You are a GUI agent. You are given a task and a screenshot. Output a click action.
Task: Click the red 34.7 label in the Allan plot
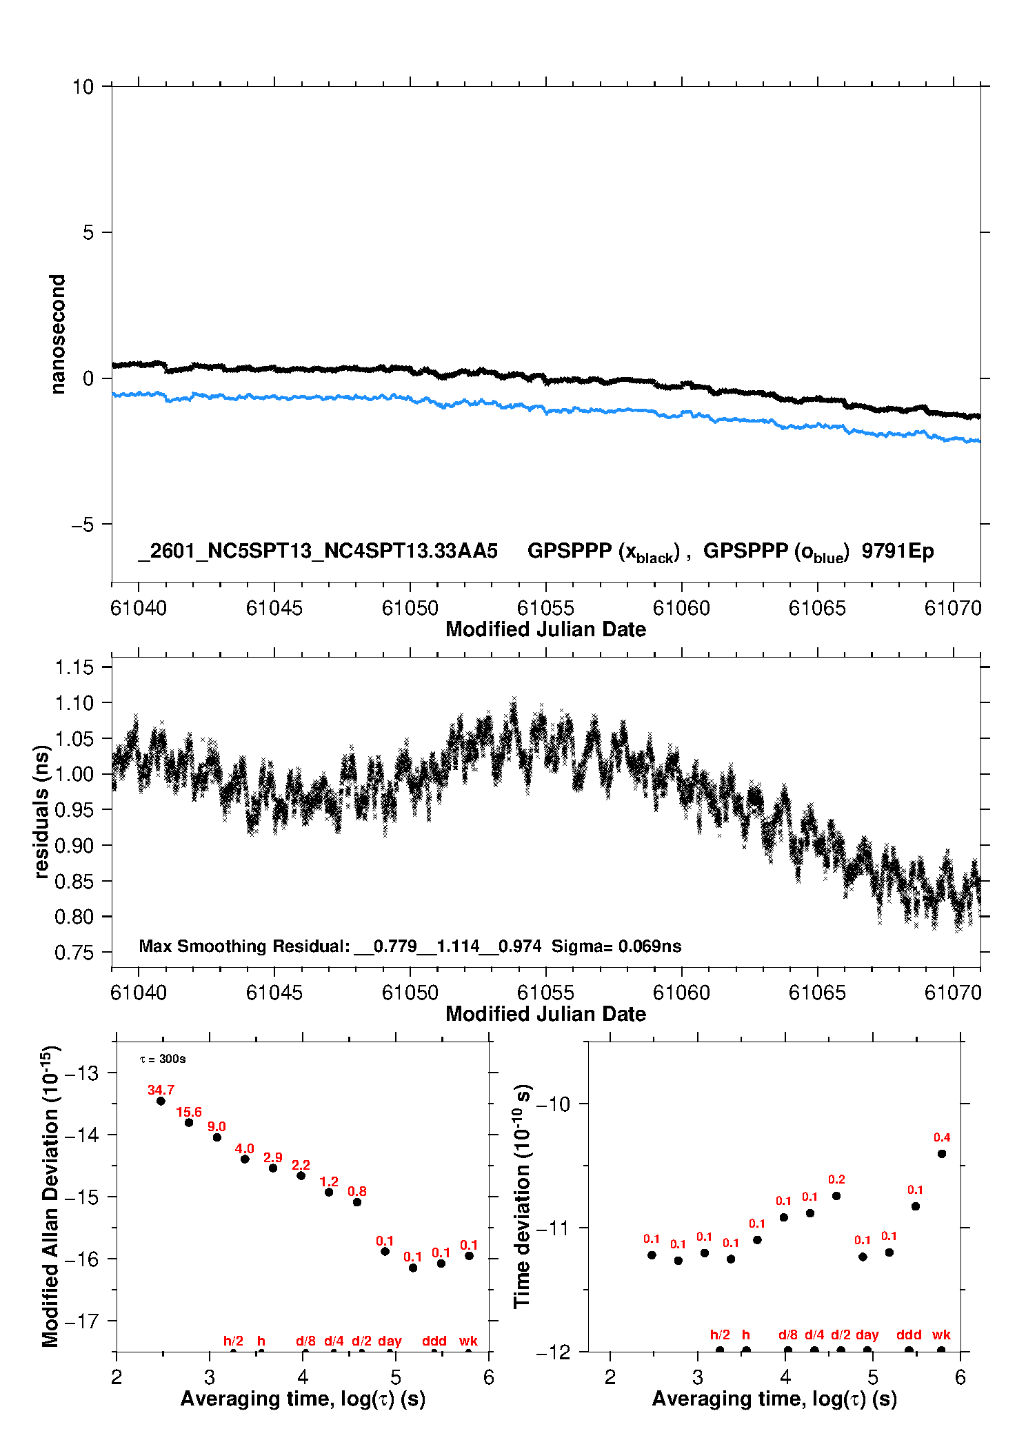pos(161,1090)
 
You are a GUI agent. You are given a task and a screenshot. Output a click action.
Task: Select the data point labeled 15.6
pos(189,1123)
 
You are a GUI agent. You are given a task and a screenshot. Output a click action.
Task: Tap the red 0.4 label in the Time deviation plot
pos(942,1137)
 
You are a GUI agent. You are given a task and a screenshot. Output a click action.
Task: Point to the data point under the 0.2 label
pos(836,1196)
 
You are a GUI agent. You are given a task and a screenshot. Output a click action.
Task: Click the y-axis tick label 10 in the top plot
pos(83,87)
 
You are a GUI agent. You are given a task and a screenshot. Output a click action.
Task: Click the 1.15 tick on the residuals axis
pos(74,667)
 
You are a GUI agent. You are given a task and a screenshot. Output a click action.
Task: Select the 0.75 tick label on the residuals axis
pos(74,953)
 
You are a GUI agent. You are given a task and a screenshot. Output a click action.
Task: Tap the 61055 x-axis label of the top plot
pos(545,608)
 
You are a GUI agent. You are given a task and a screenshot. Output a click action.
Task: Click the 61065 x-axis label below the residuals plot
pos(817,993)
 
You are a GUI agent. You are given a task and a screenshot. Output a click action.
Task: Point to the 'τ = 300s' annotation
pos(163,1059)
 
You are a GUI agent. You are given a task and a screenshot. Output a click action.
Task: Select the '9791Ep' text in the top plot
pos(897,551)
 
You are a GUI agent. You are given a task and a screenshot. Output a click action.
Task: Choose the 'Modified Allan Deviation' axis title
pos(50,1197)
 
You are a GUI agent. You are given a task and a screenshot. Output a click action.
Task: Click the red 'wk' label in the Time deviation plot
pos(941,1335)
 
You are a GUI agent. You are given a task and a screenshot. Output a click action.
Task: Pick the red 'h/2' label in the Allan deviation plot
pos(233,1341)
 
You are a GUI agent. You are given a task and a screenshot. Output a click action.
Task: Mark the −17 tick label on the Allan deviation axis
pos(81,1321)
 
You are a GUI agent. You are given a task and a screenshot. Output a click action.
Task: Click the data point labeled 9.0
pos(217,1137)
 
